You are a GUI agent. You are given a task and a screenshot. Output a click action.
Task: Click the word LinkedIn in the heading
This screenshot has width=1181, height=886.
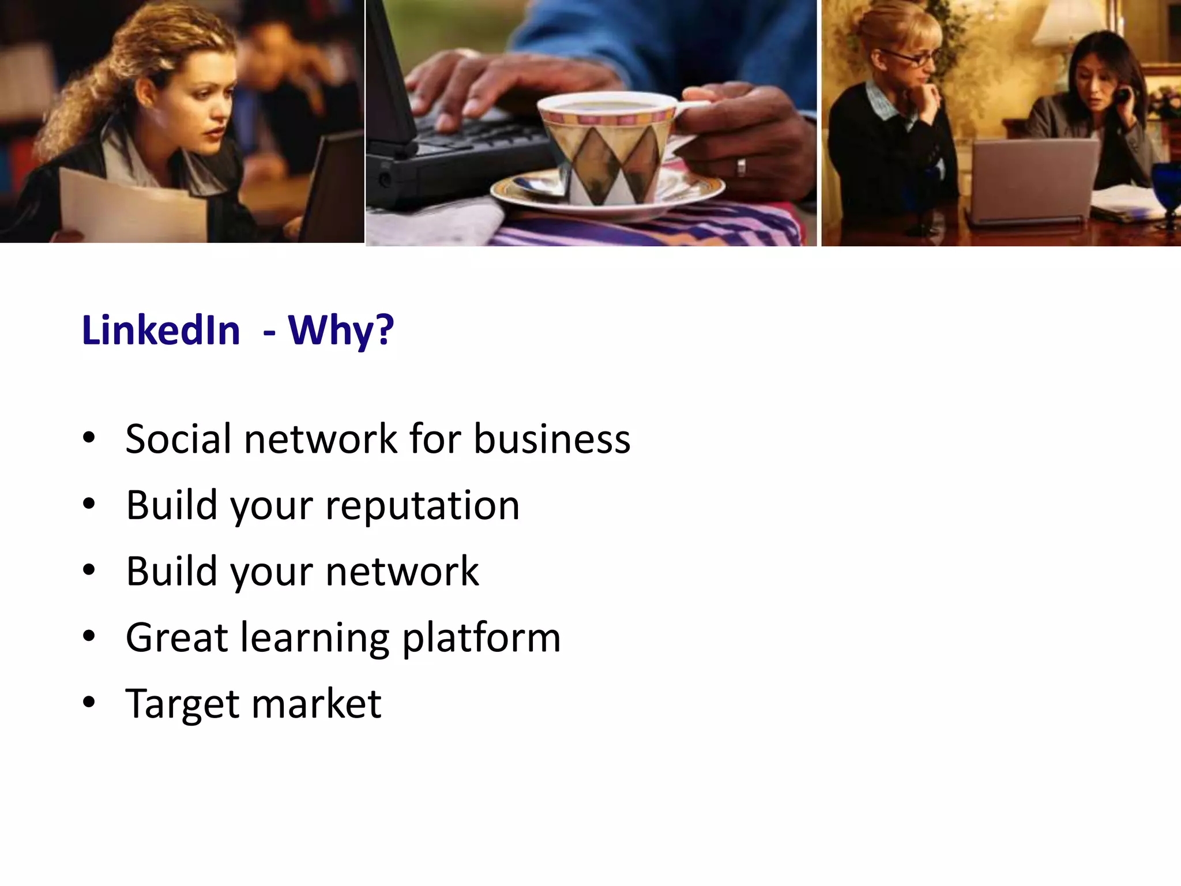(x=161, y=331)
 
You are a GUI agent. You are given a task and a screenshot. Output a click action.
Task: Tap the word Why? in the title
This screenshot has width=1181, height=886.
(x=341, y=331)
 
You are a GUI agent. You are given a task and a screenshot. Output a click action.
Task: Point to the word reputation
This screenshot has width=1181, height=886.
(x=422, y=506)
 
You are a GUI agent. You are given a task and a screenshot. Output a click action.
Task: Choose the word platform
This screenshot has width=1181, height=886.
(x=481, y=638)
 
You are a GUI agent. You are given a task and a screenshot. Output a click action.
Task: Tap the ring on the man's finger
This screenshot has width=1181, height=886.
(x=741, y=167)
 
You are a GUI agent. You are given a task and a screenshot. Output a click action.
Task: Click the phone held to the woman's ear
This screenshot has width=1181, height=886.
(x=1122, y=96)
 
